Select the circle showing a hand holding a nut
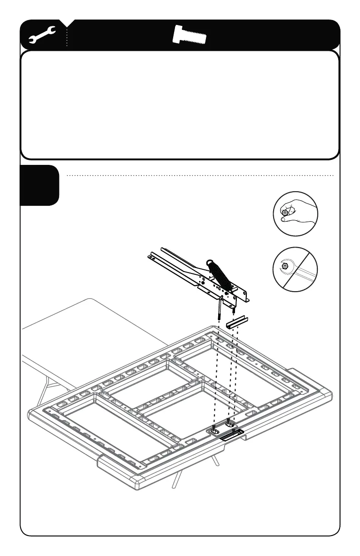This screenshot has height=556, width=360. (295, 213)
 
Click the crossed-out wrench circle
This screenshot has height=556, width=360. (295, 268)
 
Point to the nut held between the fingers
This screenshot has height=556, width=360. (285, 212)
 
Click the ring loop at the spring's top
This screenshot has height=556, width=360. (210, 263)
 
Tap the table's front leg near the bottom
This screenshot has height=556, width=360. (174, 482)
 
